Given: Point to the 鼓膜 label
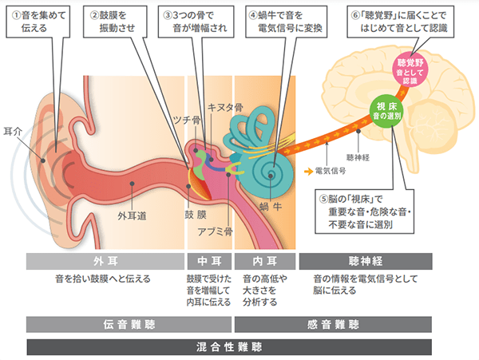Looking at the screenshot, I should (195, 215).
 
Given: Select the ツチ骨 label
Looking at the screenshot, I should (186, 121).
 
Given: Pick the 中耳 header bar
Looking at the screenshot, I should (208, 261).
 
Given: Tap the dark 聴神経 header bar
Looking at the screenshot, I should (365, 261).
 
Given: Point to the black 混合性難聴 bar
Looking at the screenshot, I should (229, 347).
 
